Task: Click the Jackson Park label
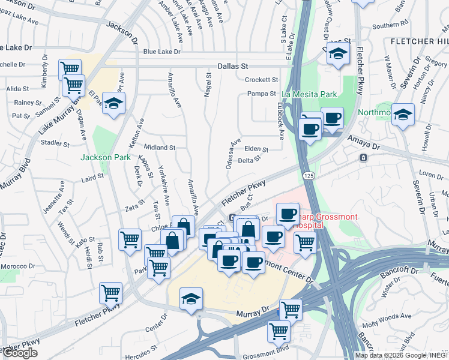point(106,158)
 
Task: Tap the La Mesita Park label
point(309,94)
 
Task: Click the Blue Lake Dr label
point(161,52)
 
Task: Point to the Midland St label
point(160,147)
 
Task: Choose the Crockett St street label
point(261,79)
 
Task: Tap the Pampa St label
point(262,94)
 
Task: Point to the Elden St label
point(256,149)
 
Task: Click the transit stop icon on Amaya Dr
point(363,158)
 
